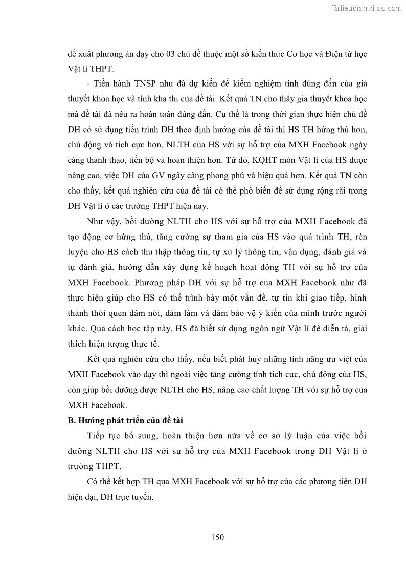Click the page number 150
pyautogui.click(x=217, y=537)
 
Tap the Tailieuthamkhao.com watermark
pyautogui.click(x=367, y=8)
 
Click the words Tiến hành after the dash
pyautogui.click(x=110, y=84)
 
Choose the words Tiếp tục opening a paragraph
pyautogui.click(x=105, y=436)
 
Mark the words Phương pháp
pyautogui.click(x=152, y=283)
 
